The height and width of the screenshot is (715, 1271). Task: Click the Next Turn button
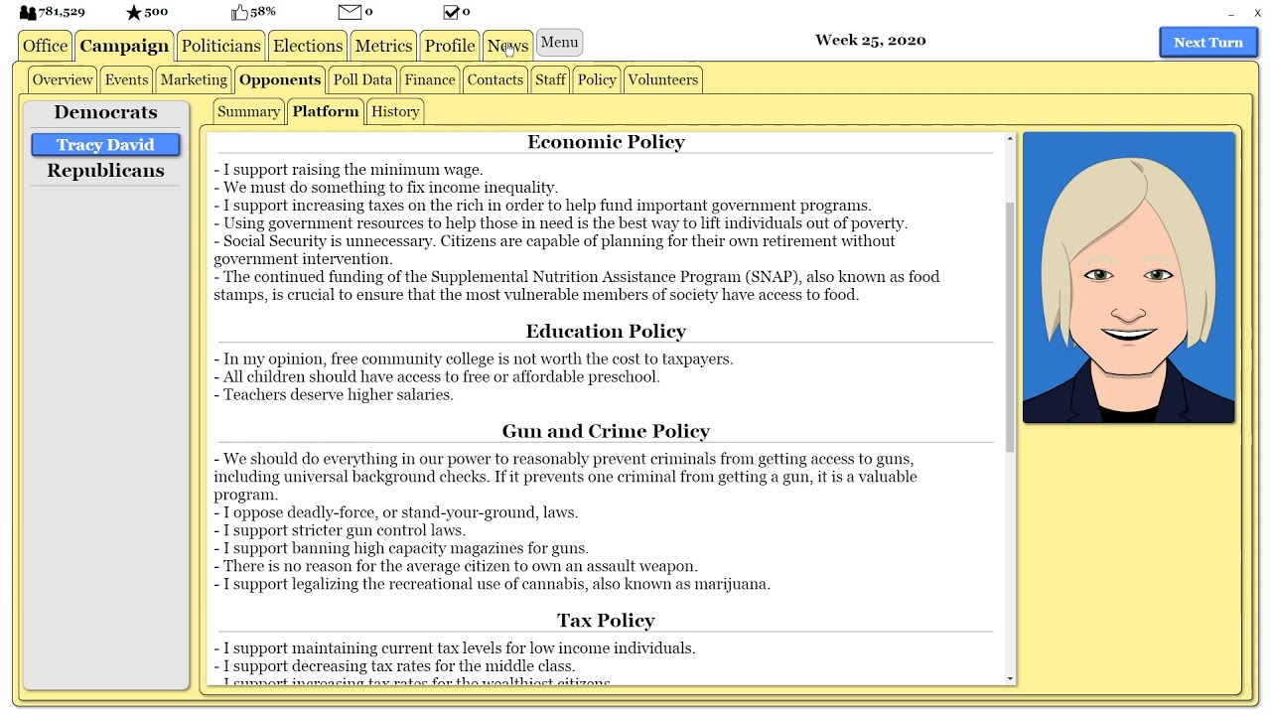tap(1207, 43)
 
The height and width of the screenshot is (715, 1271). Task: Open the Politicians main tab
tap(220, 46)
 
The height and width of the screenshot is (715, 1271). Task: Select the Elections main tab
tap(308, 46)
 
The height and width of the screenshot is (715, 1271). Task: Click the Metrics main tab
tap(383, 46)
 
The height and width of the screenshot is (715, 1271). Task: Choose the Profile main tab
tap(449, 46)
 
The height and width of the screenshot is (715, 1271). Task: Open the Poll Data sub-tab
tap(362, 79)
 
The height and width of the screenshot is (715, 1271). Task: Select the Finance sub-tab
tap(430, 79)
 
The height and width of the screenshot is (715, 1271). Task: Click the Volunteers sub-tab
tap(662, 79)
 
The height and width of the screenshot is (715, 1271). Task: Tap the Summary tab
tap(248, 111)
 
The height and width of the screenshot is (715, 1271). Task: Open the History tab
tap(395, 111)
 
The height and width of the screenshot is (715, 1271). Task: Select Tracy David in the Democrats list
tap(105, 145)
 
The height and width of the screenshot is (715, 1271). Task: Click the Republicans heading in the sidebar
tap(105, 171)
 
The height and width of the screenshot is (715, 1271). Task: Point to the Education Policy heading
tap(606, 331)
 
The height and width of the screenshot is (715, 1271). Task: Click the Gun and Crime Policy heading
tap(606, 431)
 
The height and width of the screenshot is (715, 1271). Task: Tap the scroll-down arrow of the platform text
tap(1010, 678)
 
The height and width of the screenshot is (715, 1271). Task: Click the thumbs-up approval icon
tap(239, 12)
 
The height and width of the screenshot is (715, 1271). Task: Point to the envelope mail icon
tap(350, 12)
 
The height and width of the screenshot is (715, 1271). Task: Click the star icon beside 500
tap(134, 12)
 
